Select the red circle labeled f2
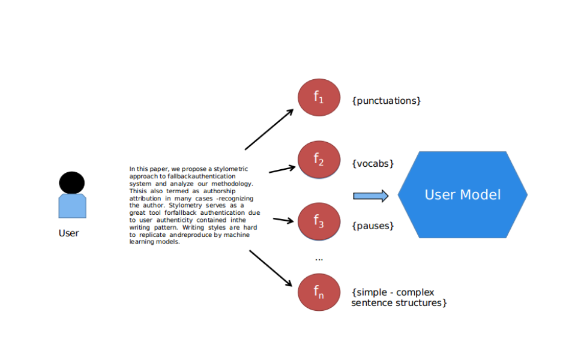coord(319,160)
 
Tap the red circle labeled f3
coord(319,221)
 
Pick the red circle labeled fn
coord(319,292)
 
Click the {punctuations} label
coord(387,101)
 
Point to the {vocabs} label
coord(373,163)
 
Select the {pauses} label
coord(373,226)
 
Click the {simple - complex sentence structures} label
coord(399,298)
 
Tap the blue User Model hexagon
coord(462,194)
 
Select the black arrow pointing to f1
coord(269,129)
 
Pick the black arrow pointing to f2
coord(282,169)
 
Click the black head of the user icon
coord(72,182)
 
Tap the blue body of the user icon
coord(72,206)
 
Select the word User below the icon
coord(68,233)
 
